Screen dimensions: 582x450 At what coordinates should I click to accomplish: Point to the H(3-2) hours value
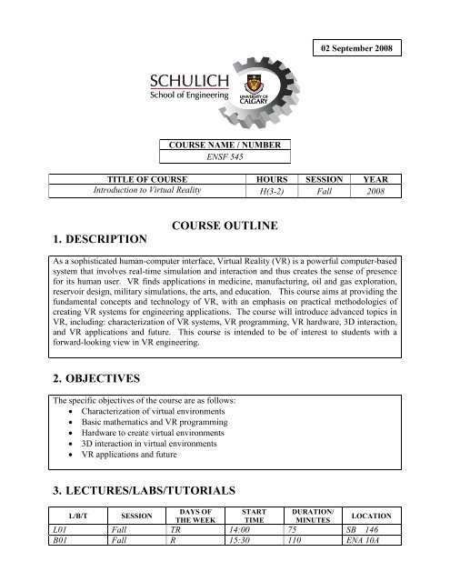coord(268,191)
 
